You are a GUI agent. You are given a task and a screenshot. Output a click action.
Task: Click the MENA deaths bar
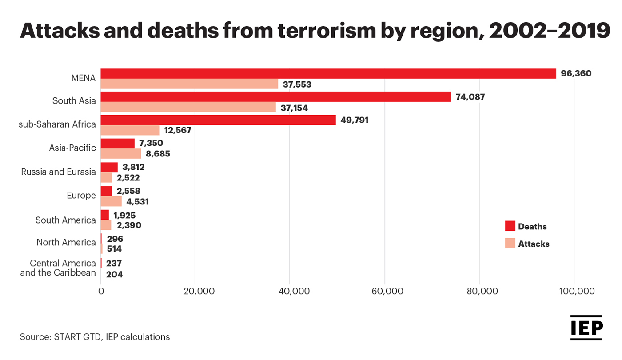[x=328, y=73]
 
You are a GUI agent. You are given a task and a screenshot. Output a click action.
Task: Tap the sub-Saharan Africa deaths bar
[x=218, y=120]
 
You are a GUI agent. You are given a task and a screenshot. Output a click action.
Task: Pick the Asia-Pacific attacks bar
[x=121, y=154]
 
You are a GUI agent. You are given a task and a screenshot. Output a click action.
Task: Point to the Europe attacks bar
[x=111, y=201]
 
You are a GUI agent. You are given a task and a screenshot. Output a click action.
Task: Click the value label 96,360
[x=576, y=73]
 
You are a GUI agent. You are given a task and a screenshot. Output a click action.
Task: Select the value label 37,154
[x=295, y=108]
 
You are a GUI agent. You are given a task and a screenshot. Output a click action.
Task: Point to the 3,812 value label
[x=133, y=167]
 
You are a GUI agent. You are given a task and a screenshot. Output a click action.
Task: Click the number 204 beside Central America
[x=114, y=275]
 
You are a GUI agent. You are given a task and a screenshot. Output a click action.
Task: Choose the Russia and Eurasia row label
[x=58, y=172]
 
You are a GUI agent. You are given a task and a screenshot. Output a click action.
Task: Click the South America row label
[x=65, y=220]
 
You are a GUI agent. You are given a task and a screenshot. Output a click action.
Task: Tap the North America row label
[x=66, y=242]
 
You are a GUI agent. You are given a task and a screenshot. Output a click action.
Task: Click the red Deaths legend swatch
[x=510, y=226]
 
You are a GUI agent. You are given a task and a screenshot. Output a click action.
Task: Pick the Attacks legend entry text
[x=534, y=244]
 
